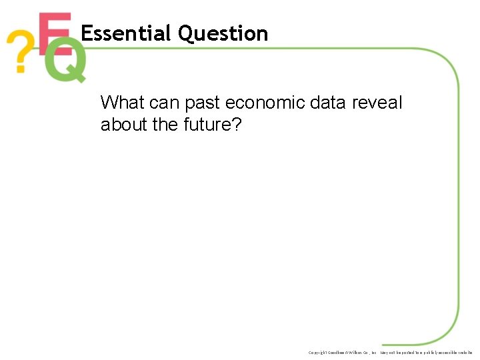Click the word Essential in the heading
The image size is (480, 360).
click(126, 33)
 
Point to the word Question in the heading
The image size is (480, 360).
click(223, 34)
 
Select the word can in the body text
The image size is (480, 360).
click(164, 103)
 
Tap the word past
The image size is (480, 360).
click(203, 103)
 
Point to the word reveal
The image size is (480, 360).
click(379, 103)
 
